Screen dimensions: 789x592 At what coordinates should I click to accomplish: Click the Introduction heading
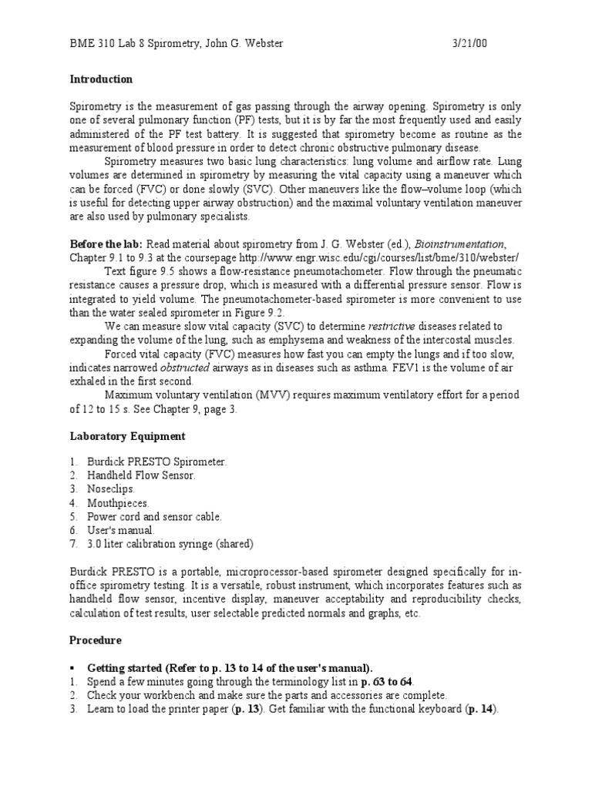click(x=101, y=79)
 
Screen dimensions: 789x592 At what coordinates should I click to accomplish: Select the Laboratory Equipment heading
click(x=127, y=436)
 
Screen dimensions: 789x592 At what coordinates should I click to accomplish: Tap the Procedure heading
click(x=95, y=640)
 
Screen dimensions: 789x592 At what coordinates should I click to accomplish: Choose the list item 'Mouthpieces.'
click(x=116, y=502)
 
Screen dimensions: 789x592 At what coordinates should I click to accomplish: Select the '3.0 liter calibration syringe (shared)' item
click(x=170, y=544)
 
